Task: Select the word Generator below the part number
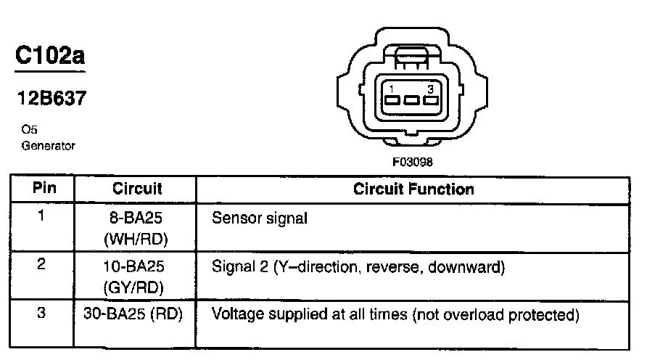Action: (x=48, y=145)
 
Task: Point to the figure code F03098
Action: (x=413, y=163)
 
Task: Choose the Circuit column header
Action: (x=137, y=189)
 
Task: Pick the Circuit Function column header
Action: (x=413, y=189)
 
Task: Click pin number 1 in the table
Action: (x=42, y=216)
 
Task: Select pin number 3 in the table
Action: (x=42, y=314)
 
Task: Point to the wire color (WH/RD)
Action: (x=138, y=239)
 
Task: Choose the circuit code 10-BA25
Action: (x=138, y=267)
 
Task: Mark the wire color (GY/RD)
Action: (x=138, y=287)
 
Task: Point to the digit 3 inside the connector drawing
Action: (x=430, y=89)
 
